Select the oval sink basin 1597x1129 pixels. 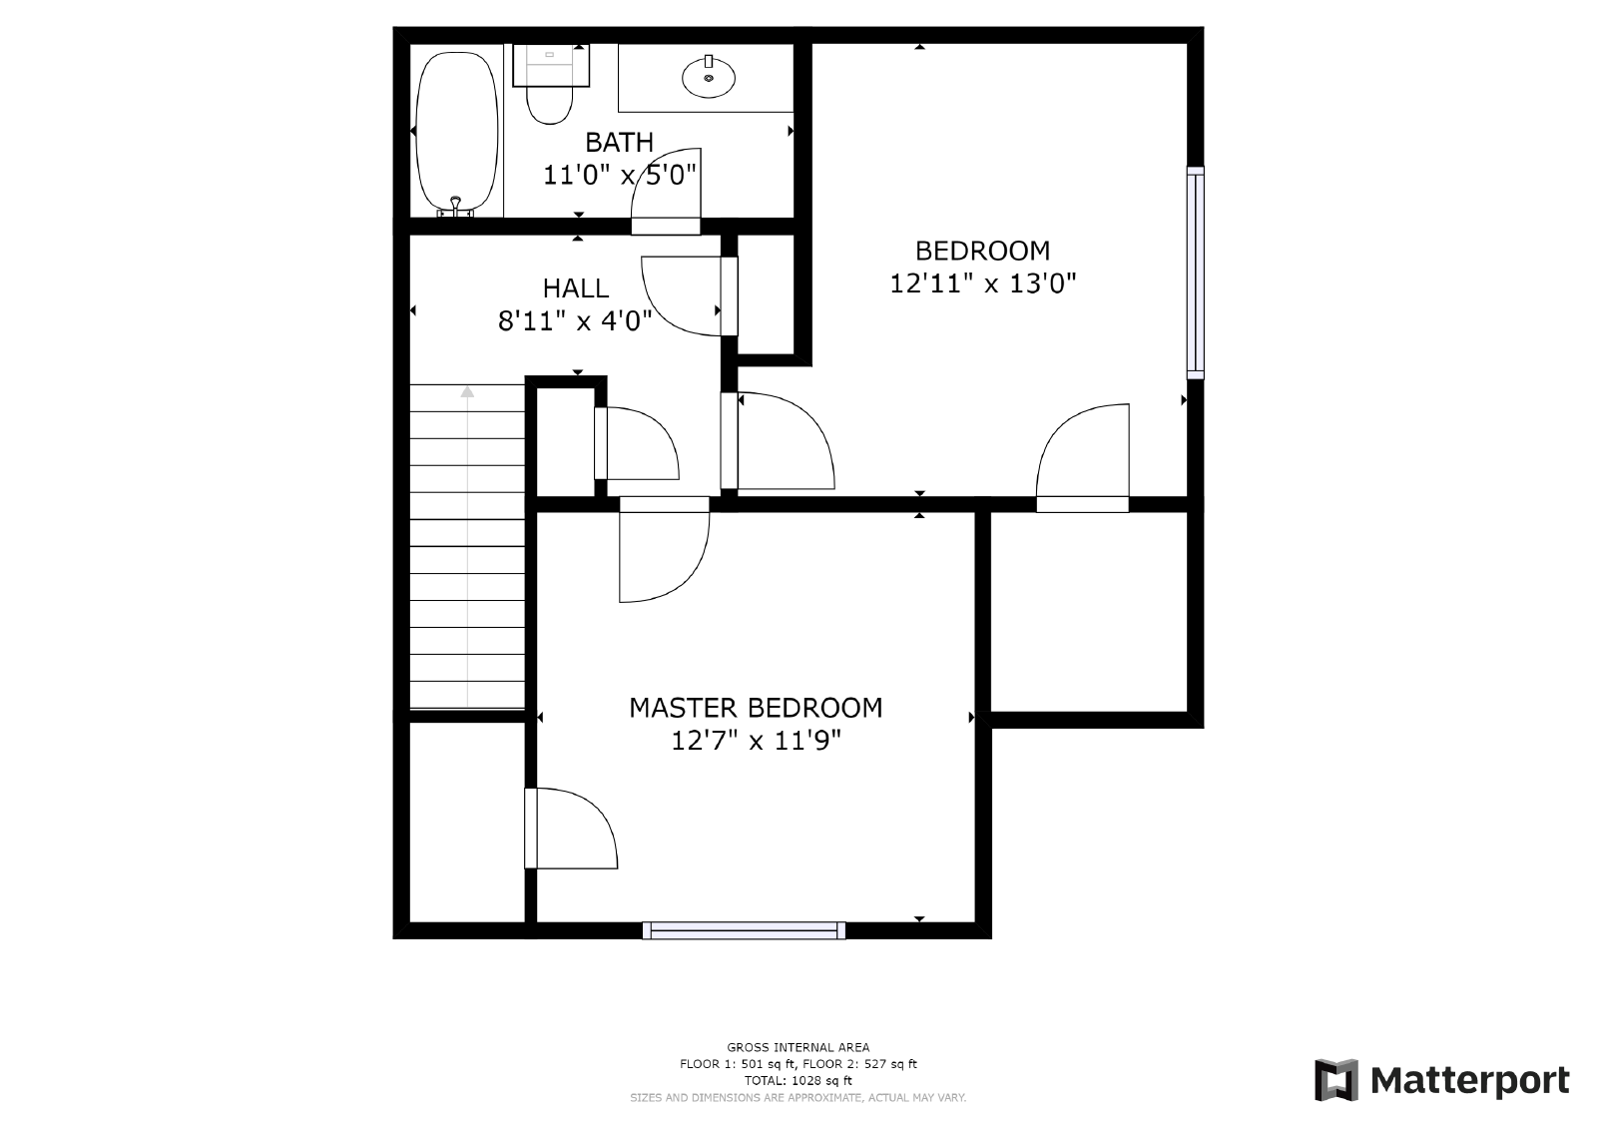coord(709,77)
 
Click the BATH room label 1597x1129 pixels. coord(619,142)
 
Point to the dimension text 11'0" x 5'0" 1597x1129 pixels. coord(619,176)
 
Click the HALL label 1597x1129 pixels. coord(576,288)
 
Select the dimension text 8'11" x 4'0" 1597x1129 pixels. coord(576,321)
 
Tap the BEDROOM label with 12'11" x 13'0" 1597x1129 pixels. coord(982,251)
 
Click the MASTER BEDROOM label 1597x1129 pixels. coord(756,708)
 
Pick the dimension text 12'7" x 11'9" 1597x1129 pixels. coord(756,741)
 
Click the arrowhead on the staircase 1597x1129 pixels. coord(467,391)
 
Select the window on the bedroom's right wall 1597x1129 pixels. coord(1195,273)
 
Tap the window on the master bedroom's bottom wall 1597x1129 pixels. coord(744,930)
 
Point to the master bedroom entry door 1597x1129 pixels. coord(664,554)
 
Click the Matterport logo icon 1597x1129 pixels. coord(1336,1080)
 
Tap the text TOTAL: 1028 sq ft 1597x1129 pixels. coord(798,1080)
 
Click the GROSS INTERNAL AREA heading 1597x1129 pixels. coord(798,1047)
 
